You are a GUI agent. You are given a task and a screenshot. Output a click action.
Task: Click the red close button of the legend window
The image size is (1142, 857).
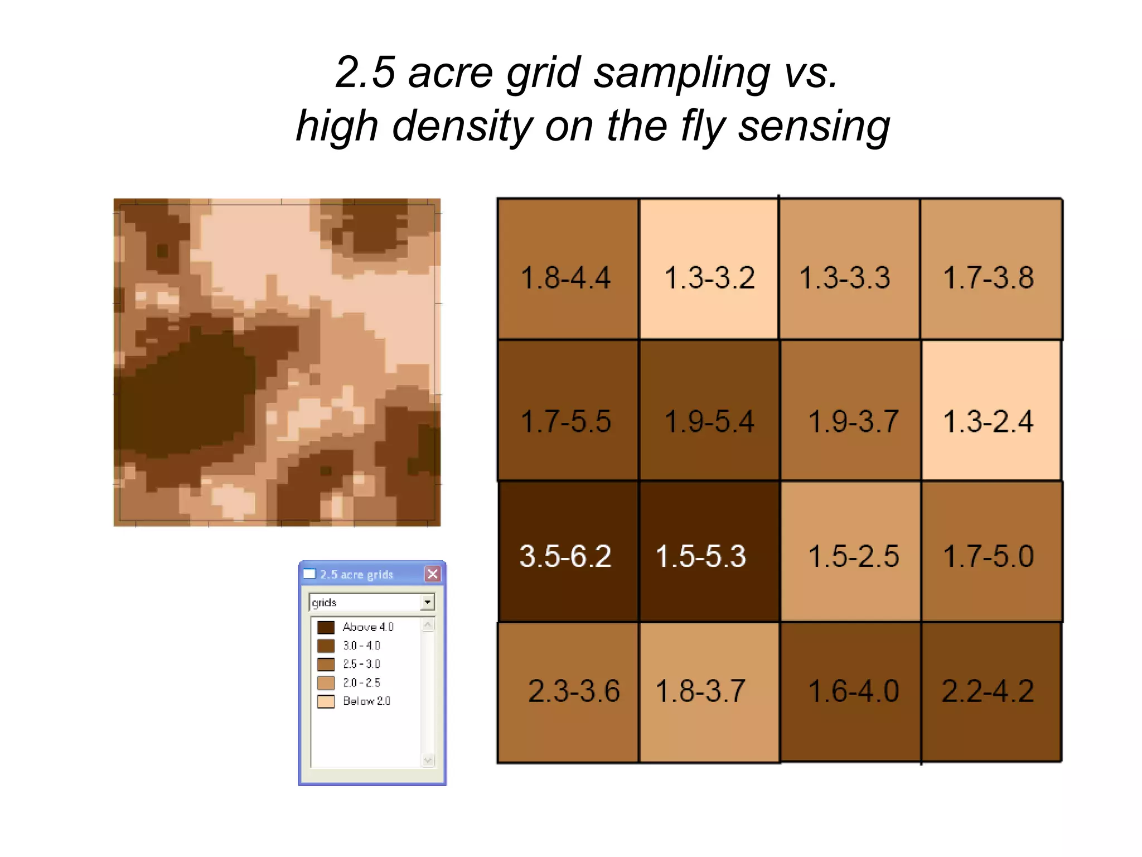pos(432,574)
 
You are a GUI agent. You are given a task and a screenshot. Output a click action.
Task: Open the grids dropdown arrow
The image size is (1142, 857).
pos(427,602)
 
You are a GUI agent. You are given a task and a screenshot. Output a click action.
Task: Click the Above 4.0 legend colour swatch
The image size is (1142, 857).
pos(326,627)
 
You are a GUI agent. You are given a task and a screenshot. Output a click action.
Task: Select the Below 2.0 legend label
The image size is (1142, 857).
pos(366,701)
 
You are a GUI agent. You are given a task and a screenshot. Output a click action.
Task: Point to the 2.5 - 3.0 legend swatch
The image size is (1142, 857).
pos(326,664)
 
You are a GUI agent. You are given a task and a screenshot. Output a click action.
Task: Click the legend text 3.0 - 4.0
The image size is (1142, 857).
pos(361,646)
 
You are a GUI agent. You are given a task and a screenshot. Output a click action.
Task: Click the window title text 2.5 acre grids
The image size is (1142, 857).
pos(356,574)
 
